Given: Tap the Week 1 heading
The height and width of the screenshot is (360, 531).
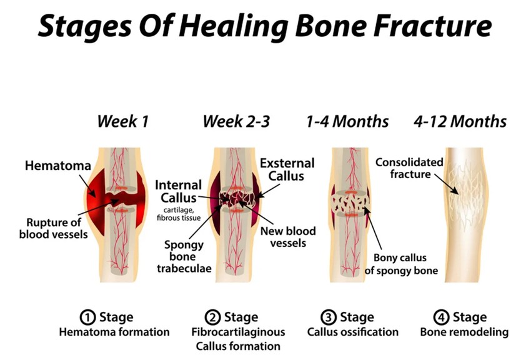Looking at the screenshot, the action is (x=122, y=121).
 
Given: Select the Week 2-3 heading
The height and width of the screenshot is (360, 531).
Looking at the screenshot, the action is (x=236, y=121).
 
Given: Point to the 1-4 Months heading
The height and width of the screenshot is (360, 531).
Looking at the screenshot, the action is (x=347, y=121).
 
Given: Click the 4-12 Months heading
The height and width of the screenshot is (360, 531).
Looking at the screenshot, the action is (x=460, y=121).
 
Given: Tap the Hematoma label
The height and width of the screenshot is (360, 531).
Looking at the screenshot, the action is (x=58, y=166).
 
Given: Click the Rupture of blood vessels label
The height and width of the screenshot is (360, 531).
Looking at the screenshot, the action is (x=54, y=228).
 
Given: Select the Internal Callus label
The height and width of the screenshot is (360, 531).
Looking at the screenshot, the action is (x=178, y=191).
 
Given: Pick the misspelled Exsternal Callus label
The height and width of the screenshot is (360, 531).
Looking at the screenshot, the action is (x=287, y=169).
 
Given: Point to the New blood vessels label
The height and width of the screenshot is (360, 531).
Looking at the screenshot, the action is (x=288, y=237).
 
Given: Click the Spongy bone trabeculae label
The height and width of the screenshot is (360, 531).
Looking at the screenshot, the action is (x=184, y=256).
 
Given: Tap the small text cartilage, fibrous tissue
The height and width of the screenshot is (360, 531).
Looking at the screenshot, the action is (x=179, y=214).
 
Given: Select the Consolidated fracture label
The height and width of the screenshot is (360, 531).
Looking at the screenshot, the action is (x=409, y=168).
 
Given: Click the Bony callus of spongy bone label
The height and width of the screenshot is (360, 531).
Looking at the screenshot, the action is (x=401, y=264).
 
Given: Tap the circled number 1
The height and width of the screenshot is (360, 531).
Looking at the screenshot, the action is (x=87, y=317).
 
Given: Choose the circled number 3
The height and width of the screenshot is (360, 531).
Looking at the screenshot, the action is (x=329, y=317).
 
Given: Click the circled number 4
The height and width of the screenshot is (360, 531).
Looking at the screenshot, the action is (x=441, y=317).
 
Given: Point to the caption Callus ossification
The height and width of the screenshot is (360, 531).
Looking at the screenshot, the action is (x=352, y=332).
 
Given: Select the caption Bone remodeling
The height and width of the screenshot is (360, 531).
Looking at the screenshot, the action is (x=464, y=332).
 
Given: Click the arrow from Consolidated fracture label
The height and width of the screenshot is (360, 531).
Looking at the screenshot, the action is (x=447, y=184).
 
